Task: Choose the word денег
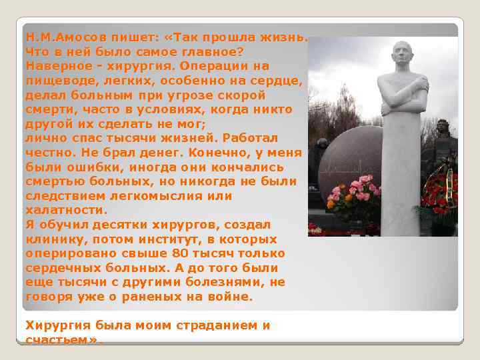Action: [163, 153]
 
